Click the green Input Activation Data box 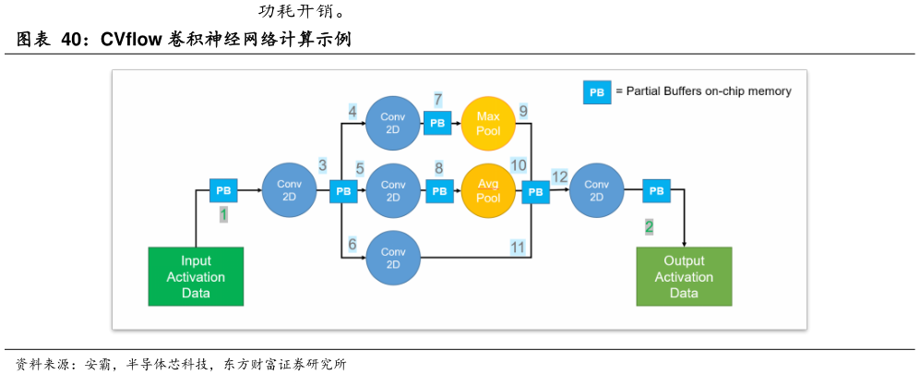point(196,276)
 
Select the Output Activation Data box point(684,276)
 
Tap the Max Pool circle point(488,123)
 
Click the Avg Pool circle point(488,191)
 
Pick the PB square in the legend point(597,92)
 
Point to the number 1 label point(223,215)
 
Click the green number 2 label point(649,226)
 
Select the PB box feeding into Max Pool point(437,123)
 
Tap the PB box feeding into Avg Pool point(439,191)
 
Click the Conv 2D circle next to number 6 point(393,258)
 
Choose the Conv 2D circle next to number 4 point(393,123)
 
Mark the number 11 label point(518,247)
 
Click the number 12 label point(559,176)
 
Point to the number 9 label point(523,112)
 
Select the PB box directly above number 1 point(223,190)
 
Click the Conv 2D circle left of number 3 point(290,190)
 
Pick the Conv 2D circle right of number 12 point(596,191)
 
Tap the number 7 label point(437,99)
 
